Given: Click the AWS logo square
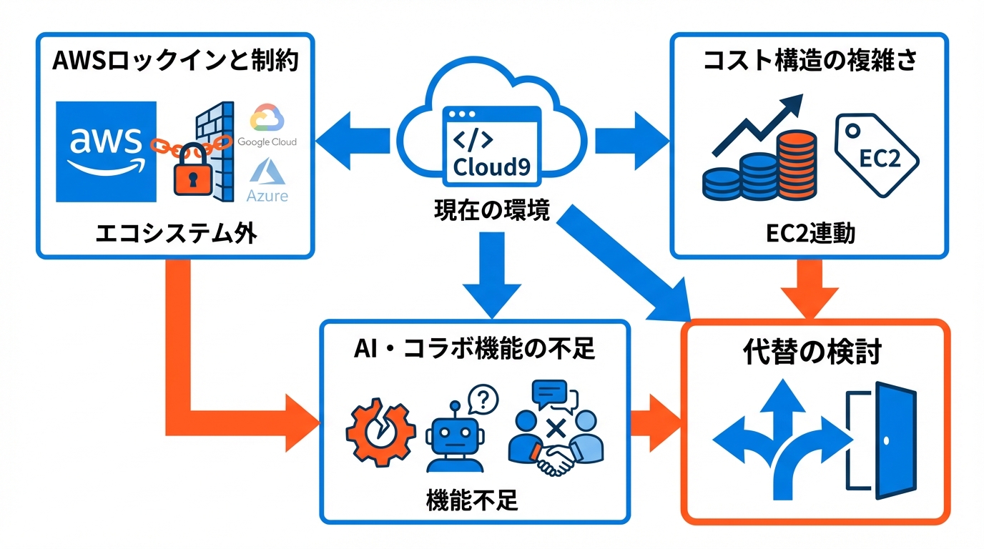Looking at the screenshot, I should click(x=107, y=152).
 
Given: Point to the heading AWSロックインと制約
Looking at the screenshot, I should click(x=175, y=60).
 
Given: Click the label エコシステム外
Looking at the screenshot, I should click(x=175, y=234).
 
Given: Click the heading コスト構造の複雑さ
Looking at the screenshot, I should click(x=810, y=60).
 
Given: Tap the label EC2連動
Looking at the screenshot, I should click(x=810, y=234).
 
